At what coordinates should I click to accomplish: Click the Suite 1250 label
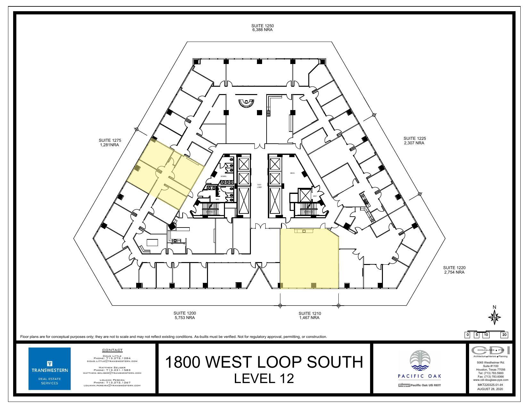(x=262, y=26)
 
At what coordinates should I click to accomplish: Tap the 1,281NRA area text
(x=110, y=145)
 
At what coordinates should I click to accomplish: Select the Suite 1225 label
(x=414, y=138)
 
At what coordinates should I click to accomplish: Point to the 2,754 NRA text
(x=454, y=272)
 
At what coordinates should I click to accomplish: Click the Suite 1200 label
(x=185, y=313)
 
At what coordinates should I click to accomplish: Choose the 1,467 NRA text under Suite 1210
(x=309, y=318)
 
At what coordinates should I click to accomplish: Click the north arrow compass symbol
(x=494, y=317)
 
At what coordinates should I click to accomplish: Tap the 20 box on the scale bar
(x=504, y=335)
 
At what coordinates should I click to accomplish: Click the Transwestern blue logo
(x=50, y=369)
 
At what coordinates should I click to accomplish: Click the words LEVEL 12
(x=264, y=378)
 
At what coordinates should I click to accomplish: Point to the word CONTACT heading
(x=112, y=350)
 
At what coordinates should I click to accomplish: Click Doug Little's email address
(x=112, y=361)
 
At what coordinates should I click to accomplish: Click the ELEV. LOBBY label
(x=259, y=186)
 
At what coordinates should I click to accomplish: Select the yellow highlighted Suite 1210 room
(x=309, y=259)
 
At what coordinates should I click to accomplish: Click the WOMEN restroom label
(x=223, y=176)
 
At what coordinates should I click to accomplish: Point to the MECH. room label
(x=292, y=173)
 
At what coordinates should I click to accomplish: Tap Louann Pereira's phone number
(x=112, y=382)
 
